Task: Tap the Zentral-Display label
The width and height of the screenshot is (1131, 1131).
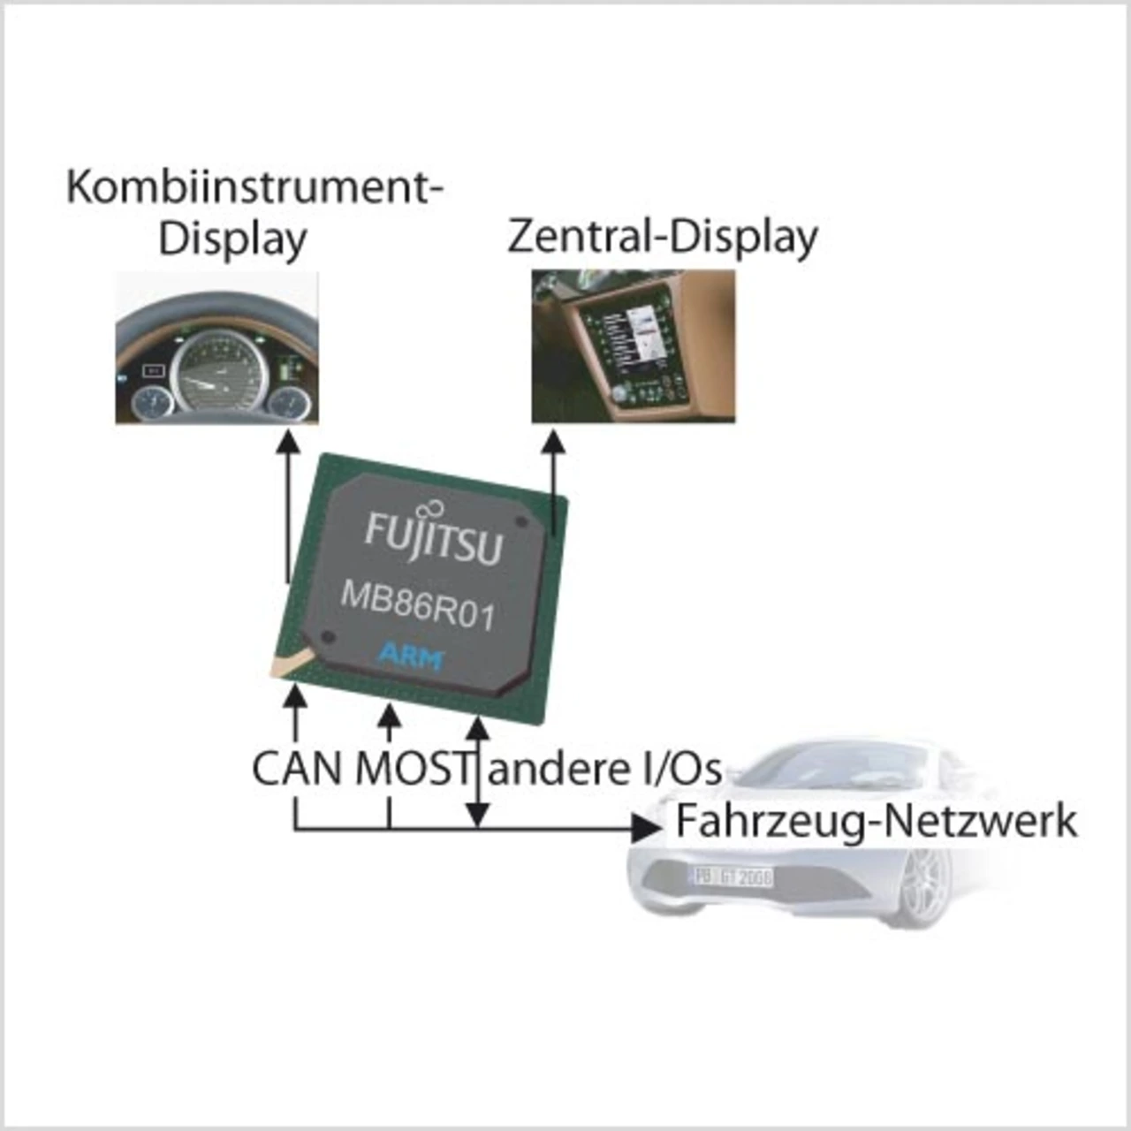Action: tap(663, 237)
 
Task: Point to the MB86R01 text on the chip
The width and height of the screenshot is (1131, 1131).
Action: tap(417, 606)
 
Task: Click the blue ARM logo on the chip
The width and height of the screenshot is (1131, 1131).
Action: tap(411, 656)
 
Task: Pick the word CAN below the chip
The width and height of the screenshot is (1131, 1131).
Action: tap(297, 768)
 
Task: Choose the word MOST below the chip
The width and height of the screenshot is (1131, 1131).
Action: tap(414, 768)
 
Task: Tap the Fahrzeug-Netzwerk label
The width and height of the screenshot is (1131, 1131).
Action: tap(876, 821)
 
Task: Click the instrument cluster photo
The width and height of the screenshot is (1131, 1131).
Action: tap(216, 348)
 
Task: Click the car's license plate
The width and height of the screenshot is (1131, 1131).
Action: tap(732, 877)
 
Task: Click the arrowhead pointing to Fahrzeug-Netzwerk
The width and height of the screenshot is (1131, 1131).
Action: tap(648, 828)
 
